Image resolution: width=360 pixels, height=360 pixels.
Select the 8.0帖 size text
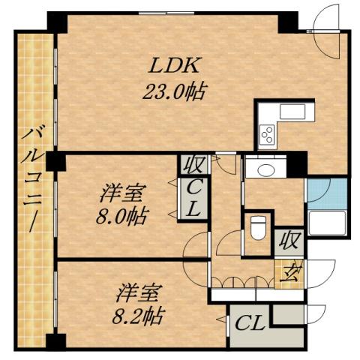point(124,217)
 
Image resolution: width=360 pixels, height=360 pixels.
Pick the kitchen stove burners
point(267,135)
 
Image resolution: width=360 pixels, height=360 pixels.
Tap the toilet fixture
point(257,224)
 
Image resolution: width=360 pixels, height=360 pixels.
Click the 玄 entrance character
point(289,271)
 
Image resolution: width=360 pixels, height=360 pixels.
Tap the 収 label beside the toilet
point(289,241)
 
